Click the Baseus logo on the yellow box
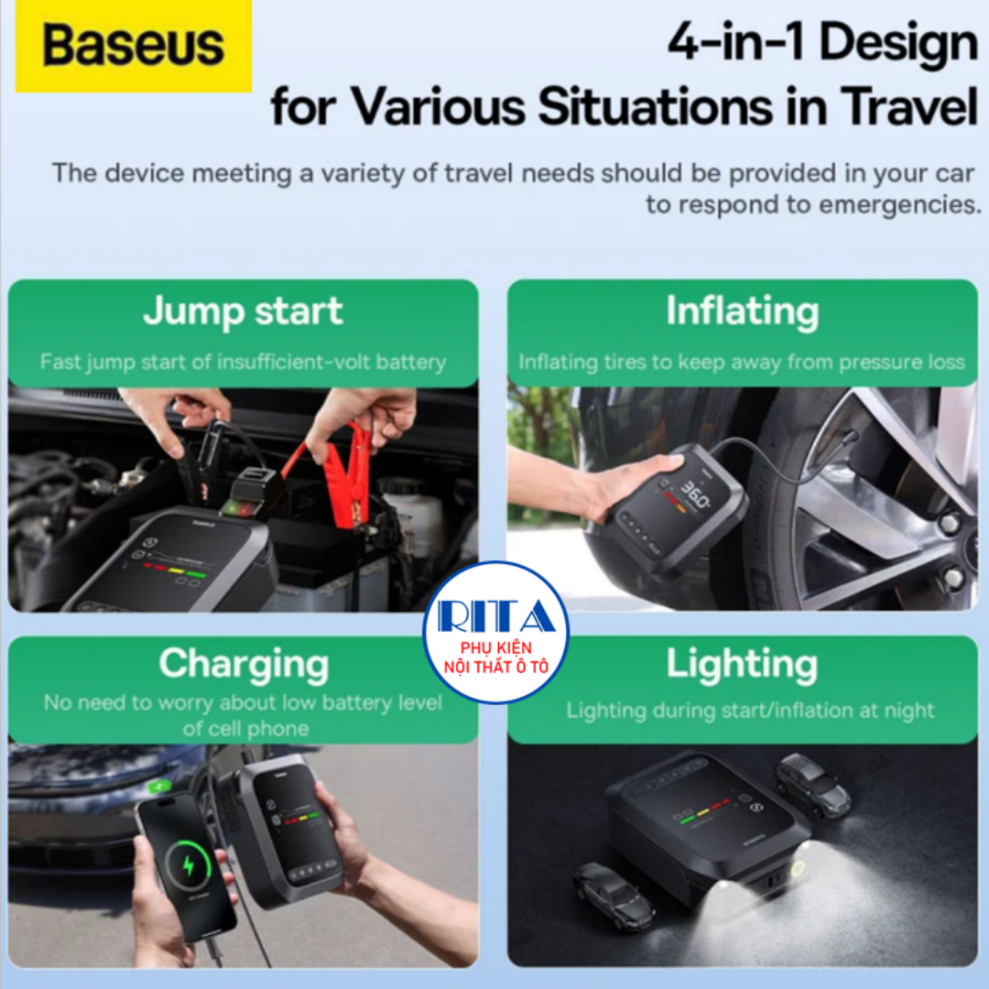[x=133, y=45]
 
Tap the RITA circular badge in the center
[x=495, y=632]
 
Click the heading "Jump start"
[x=243, y=312]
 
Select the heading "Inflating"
[x=743, y=312]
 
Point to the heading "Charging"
[x=244, y=665]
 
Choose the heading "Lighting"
[x=742, y=665]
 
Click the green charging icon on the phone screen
[x=188, y=865]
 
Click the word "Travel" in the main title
[x=909, y=106]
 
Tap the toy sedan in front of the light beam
[x=612, y=895]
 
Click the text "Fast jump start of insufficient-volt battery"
[x=243, y=362]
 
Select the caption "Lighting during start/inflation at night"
[x=750, y=711]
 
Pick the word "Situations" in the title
[x=656, y=106]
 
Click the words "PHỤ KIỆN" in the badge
[x=495, y=647]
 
